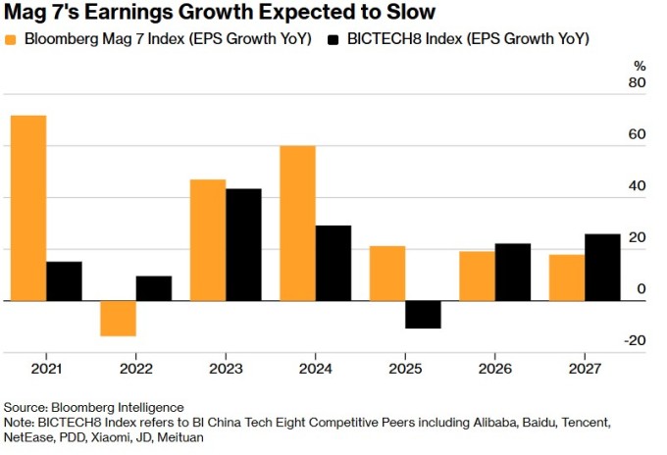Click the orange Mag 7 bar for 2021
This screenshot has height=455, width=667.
(x=28, y=208)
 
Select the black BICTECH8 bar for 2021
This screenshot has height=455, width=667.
(x=64, y=281)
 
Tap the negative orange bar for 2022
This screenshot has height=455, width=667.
(x=119, y=319)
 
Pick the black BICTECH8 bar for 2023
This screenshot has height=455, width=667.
(x=243, y=244)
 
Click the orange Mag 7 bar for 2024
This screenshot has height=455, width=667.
(x=297, y=223)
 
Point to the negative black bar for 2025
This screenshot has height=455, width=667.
(x=423, y=314)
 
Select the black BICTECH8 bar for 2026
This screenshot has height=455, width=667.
(x=512, y=272)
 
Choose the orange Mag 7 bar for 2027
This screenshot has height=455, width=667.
(x=567, y=278)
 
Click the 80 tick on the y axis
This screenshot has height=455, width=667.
(x=637, y=83)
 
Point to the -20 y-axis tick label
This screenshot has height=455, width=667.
(x=635, y=340)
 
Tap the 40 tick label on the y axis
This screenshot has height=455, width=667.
(x=637, y=186)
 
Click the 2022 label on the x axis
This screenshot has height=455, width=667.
(x=136, y=369)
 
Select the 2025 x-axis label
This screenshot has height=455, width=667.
(x=405, y=369)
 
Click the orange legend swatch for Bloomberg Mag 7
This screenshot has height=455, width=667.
(x=12, y=39)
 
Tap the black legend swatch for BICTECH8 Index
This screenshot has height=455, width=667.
(x=333, y=39)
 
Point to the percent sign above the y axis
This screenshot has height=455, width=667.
(x=640, y=66)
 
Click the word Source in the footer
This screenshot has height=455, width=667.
(x=26, y=407)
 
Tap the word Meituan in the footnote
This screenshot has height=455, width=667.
(x=180, y=438)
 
